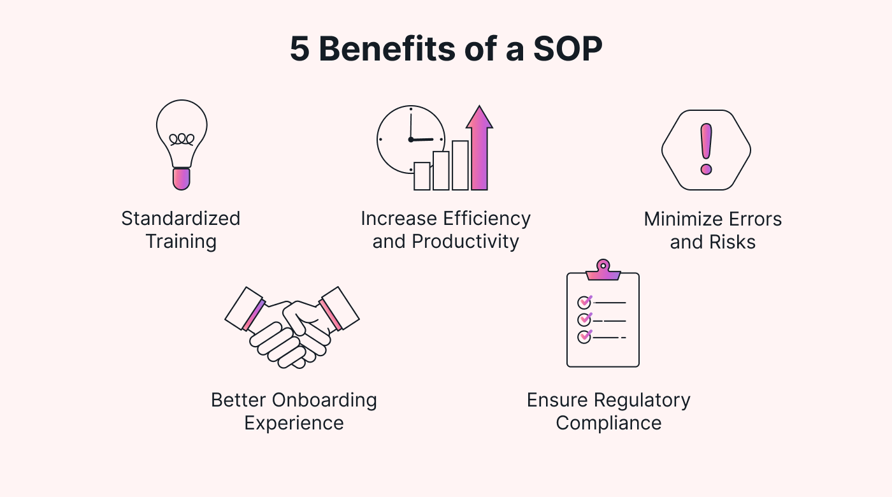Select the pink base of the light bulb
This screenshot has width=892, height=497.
(182, 178)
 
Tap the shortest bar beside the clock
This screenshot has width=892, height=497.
(422, 176)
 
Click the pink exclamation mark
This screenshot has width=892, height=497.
(706, 149)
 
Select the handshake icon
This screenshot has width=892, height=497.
(292, 326)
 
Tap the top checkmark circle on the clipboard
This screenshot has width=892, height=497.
(584, 302)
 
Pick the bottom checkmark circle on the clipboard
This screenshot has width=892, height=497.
(584, 336)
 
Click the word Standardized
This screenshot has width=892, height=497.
(181, 219)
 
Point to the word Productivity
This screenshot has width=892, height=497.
(465, 241)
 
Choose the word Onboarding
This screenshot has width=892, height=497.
(324, 400)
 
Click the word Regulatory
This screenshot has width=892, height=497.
(642, 400)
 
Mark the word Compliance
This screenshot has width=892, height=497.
(608, 423)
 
